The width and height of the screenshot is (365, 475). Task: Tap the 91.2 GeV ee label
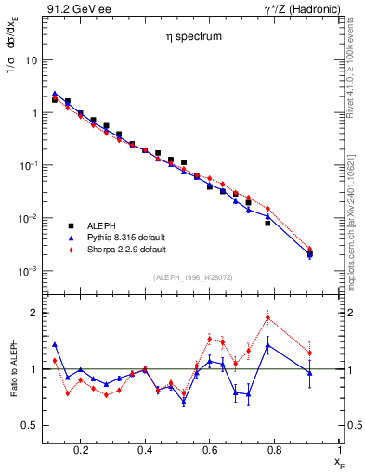click(73, 8)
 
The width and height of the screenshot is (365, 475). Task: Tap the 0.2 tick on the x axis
click(81, 450)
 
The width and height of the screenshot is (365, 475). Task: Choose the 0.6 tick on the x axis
click(210, 450)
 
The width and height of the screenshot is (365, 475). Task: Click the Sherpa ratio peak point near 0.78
click(267, 317)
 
